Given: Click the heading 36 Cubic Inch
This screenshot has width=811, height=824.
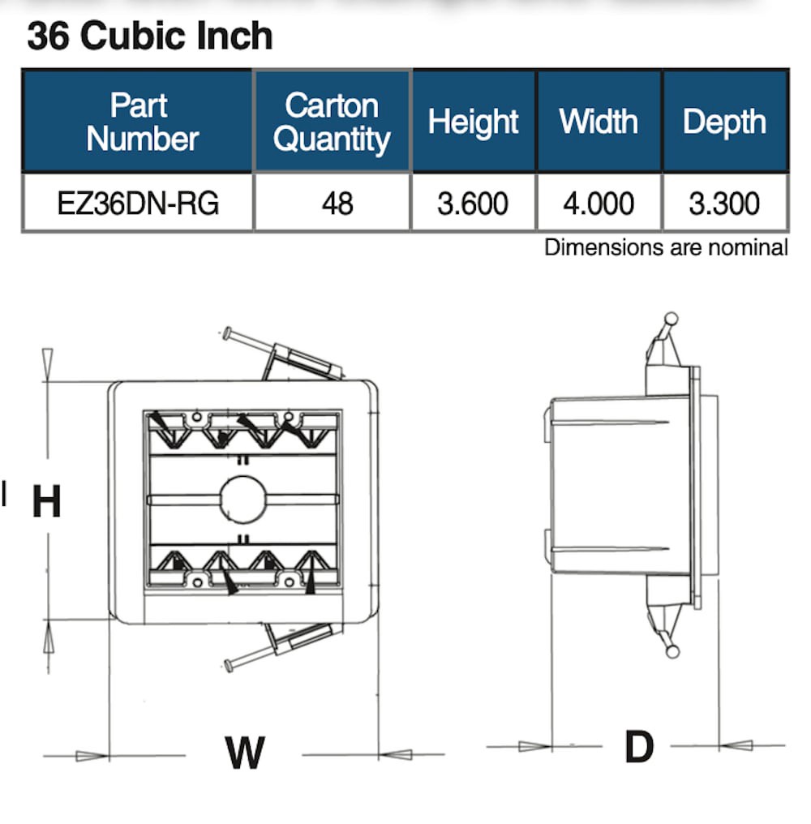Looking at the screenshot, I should (x=150, y=37).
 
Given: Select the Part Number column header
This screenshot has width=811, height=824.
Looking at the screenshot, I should (x=139, y=122).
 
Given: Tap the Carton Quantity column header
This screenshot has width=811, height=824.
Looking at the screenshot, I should (x=332, y=122).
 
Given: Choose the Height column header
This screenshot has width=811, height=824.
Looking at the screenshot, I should (x=474, y=122).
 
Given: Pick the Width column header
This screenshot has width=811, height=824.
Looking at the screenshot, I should (x=599, y=122).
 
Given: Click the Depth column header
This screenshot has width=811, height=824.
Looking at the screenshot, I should (x=724, y=122).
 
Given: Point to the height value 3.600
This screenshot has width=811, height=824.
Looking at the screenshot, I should (x=473, y=203).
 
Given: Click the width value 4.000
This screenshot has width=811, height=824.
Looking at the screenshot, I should (x=599, y=203).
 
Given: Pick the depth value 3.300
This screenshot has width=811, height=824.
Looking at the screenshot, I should (x=724, y=203).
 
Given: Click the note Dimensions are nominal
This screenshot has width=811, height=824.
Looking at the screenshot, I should (x=665, y=247).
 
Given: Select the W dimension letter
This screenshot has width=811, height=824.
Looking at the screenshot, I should (x=244, y=753).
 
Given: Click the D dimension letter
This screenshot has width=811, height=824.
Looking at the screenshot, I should (x=639, y=746).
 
